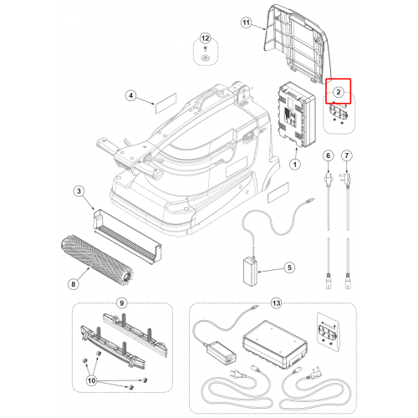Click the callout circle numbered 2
click(x=339, y=92)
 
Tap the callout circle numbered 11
click(x=246, y=23)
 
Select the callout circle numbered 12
click(x=205, y=38)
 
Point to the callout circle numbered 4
click(x=131, y=96)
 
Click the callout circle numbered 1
click(x=295, y=165)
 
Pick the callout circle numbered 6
click(x=329, y=155)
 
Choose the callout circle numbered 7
click(x=347, y=155)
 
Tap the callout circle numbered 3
click(x=79, y=191)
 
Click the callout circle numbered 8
click(x=74, y=284)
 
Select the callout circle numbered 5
click(x=289, y=268)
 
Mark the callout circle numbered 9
click(x=122, y=303)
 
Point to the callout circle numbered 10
click(x=92, y=380)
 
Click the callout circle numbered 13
click(x=276, y=303)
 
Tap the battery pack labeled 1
click(x=297, y=115)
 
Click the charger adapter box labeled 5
click(x=250, y=271)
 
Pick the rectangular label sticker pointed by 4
click(x=166, y=103)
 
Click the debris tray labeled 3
click(x=127, y=237)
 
